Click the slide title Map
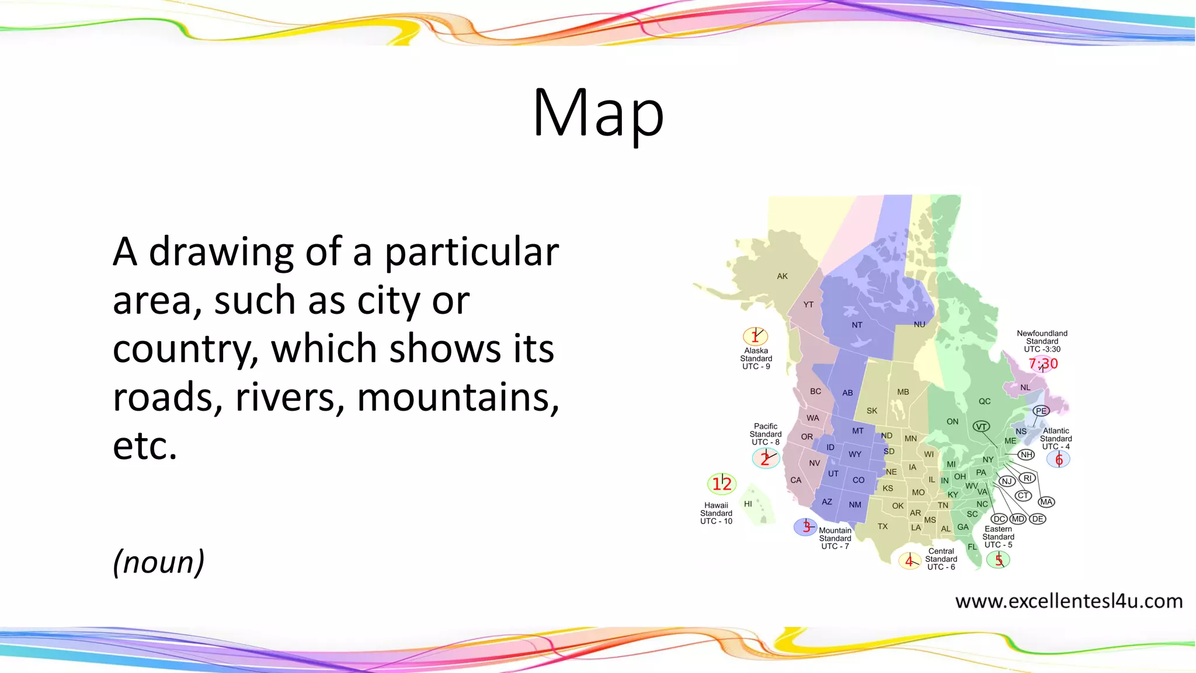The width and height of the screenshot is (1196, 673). (598, 113)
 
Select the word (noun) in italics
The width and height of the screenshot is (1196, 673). (158, 562)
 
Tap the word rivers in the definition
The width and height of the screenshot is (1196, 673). (290, 397)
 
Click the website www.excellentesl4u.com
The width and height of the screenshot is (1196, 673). (1069, 601)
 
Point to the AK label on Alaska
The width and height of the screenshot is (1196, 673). (783, 276)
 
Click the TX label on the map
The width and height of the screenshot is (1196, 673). (882, 526)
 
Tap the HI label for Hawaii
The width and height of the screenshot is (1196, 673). (748, 504)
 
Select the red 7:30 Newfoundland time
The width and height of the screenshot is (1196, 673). (1043, 364)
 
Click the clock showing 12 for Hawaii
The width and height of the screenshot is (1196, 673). (722, 484)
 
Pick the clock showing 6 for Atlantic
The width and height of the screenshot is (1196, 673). (1059, 460)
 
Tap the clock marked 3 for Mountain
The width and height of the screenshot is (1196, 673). (806, 527)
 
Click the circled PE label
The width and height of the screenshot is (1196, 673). (1041, 411)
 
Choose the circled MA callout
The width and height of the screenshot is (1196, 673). (1046, 502)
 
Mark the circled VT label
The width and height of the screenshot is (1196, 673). (982, 426)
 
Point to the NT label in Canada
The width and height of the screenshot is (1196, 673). (857, 325)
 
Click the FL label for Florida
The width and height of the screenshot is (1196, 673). (972, 547)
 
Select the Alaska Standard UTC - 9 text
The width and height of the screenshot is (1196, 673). (756, 359)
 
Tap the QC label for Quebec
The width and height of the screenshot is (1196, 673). (985, 401)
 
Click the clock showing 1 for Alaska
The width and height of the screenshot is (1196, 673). (755, 336)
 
